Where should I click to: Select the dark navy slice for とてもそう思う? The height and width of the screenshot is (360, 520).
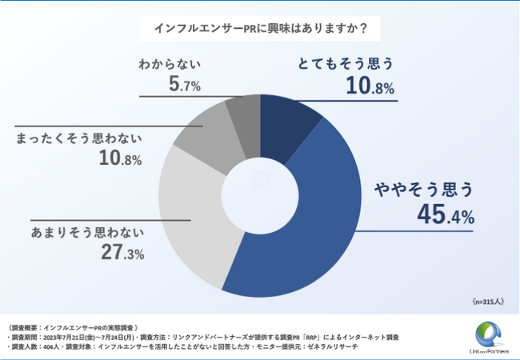pyautogui.click(x=287, y=128)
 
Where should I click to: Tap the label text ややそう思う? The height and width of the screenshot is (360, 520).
pyautogui.click(x=425, y=190)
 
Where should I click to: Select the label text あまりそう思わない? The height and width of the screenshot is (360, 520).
pyautogui.click(x=87, y=233)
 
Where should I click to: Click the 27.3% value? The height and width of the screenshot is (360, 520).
pyautogui.click(x=118, y=254)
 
